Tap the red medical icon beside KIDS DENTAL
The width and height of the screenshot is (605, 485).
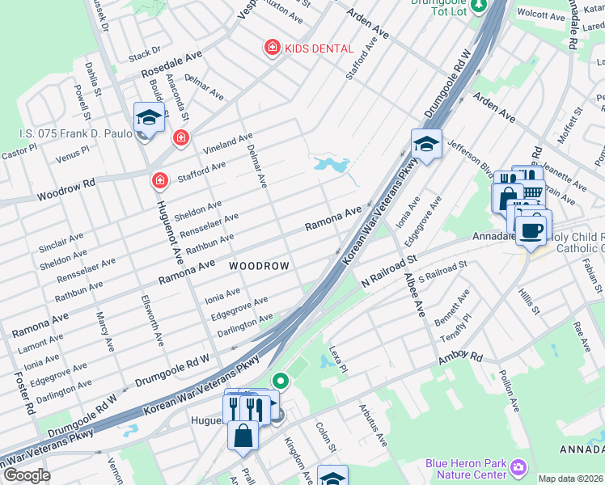click(273, 48)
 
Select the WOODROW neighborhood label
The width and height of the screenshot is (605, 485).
click(259, 265)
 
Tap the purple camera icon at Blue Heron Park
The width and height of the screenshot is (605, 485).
click(518, 466)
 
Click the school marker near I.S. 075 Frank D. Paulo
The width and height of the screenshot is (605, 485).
click(149, 118)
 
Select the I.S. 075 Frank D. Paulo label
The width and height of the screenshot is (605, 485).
click(75, 134)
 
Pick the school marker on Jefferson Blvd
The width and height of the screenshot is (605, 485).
click(426, 145)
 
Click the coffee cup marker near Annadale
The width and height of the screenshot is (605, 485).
click(531, 230)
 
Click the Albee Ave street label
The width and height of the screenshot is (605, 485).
click(415, 294)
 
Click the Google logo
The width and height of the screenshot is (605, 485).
click(26, 475)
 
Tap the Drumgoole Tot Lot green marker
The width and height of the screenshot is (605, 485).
click(478, 5)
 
